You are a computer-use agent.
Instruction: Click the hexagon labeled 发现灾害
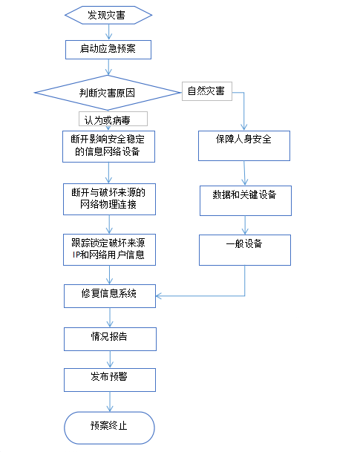click(108, 15)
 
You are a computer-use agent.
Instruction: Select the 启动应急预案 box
click(108, 50)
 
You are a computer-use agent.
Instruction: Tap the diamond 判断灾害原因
click(107, 93)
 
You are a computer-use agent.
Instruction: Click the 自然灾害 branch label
click(207, 91)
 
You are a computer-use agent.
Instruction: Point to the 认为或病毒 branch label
click(113, 119)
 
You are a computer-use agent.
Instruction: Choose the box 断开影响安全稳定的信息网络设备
click(108, 146)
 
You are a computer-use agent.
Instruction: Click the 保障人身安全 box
click(244, 145)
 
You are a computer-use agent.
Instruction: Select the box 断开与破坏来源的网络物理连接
click(110, 199)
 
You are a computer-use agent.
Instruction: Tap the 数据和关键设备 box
click(246, 200)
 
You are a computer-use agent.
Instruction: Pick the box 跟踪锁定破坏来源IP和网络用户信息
click(110, 249)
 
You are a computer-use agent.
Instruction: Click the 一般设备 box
click(245, 250)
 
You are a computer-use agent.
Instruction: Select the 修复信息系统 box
click(110, 296)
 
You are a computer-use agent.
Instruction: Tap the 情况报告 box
click(110, 339)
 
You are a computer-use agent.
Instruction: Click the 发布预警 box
click(110, 380)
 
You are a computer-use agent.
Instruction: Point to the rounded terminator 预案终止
click(110, 428)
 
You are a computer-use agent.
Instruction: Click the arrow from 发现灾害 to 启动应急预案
click(108, 32)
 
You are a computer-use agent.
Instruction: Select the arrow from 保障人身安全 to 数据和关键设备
click(244, 173)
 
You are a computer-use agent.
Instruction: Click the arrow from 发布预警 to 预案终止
click(110, 402)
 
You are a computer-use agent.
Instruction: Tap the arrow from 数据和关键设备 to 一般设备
click(245, 225)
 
